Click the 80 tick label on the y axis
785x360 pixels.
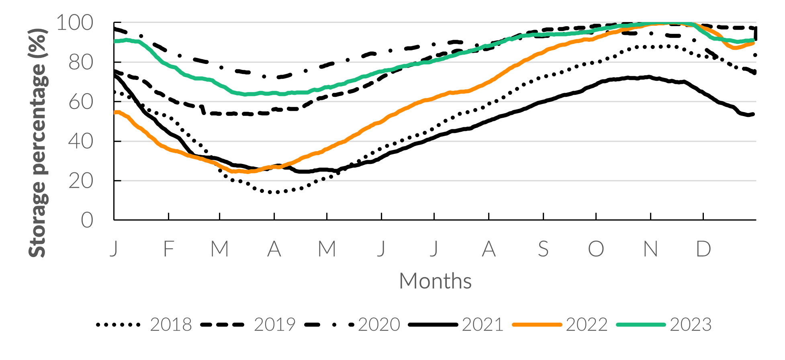[x=81, y=63]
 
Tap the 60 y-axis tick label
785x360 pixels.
[x=81, y=102]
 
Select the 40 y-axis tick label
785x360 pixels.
[x=81, y=141]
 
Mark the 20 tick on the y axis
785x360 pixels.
[x=81, y=181]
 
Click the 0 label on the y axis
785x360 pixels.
[x=87, y=221]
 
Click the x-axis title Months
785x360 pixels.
[x=435, y=281]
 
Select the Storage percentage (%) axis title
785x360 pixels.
[x=38, y=143]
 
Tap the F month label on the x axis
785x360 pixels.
[x=169, y=249]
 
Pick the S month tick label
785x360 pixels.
[x=543, y=249]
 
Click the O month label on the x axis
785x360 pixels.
[x=596, y=249]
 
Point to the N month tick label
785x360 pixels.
[x=651, y=249]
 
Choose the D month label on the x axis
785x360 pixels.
[x=703, y=249]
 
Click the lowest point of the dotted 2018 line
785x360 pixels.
[x=276, y=192]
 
